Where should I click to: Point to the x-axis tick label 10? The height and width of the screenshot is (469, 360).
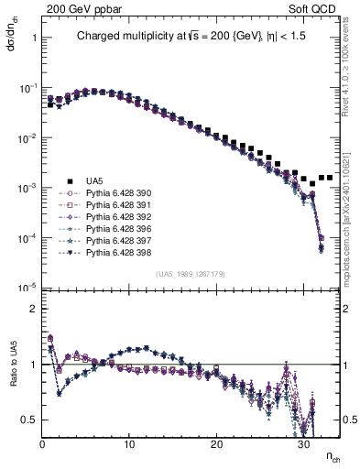(x=129, y=443)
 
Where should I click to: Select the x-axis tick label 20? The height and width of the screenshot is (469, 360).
(x=217, y=443)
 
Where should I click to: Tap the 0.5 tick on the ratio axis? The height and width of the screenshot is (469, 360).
(x=27, y=420)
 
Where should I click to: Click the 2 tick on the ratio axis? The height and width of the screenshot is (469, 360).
(x=32, y=308)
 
